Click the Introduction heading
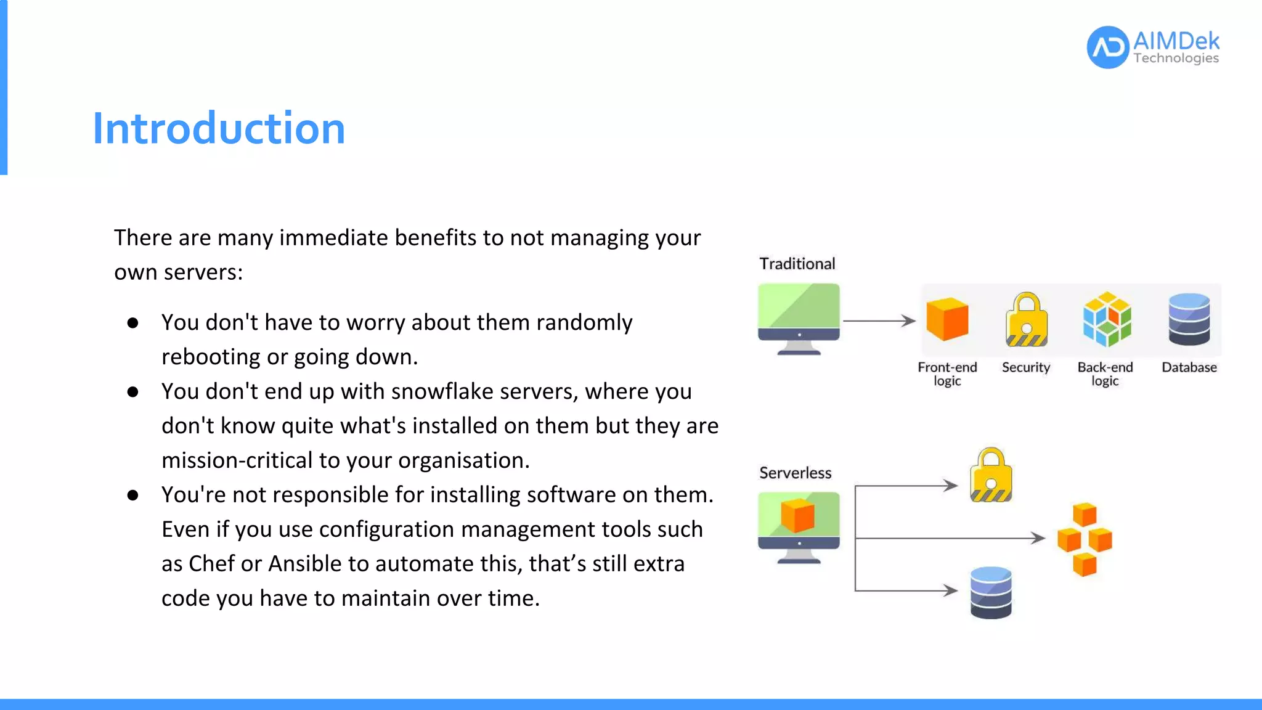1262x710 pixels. click(219, 128)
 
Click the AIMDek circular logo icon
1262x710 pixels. click(1107, 47)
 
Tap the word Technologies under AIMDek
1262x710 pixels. click(1176, 59)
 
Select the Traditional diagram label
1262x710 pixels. click(797, 264)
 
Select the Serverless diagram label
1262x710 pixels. click(795, 473)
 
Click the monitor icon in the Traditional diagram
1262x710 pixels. click(799, 317)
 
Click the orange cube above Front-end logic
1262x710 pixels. click(947, 319)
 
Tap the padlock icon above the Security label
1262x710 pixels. click(1026, 320)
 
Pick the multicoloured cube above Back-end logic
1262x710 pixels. click(1106, 319)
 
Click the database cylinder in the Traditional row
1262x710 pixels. click(1189, 319)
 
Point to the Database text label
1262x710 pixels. click(1189, 367)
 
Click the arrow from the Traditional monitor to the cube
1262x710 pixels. click(879, 320)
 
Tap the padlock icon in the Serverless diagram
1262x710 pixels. click(991, 475)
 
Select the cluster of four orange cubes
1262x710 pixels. click(1085, 539)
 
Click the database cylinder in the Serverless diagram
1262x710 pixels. click(991, 592)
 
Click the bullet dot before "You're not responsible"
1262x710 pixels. click(132, 495)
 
